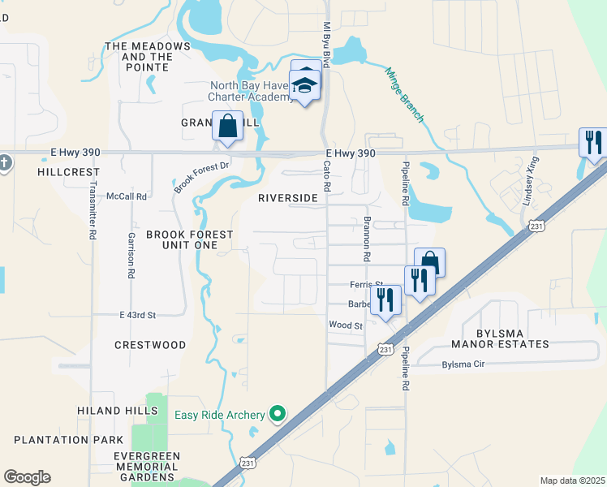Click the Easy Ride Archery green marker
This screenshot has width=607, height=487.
(x=278, y=415)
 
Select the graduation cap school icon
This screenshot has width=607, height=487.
(x=306, y=85)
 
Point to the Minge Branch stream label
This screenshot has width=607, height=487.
(x=404, y=95)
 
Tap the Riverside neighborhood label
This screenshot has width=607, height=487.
(x=287, y=198)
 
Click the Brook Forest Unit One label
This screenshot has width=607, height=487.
(x=189, y=240)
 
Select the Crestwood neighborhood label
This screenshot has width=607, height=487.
(x=150, y=345)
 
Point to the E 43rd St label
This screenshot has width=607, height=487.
(x=136, y=314)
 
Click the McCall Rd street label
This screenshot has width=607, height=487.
(x=130, y=196)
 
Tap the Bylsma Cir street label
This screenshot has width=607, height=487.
(x=463, y=364)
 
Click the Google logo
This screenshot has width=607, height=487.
(x=27, y=476)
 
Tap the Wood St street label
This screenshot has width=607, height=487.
(x=345, y=325)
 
